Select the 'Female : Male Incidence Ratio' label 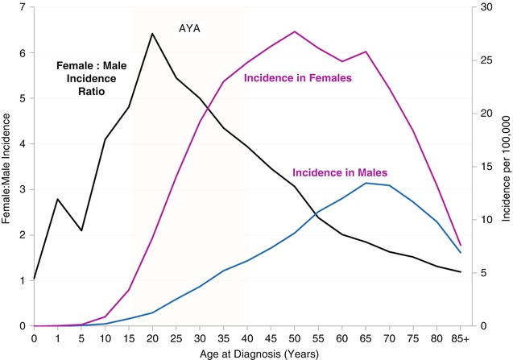(86, 79)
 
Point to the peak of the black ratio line (152, 34)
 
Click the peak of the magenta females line (295, 31)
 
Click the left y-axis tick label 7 (22, 8)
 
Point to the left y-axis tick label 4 (22, 144)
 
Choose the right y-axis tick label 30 (481, 8)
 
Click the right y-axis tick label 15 (481, 167)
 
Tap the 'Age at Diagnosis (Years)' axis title (248, 352)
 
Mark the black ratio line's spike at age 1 (57, 199)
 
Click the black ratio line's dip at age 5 (81, 230)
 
